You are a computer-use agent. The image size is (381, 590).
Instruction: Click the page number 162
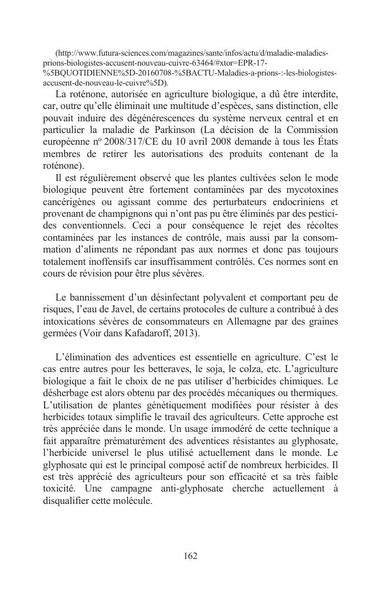[190, 555]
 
